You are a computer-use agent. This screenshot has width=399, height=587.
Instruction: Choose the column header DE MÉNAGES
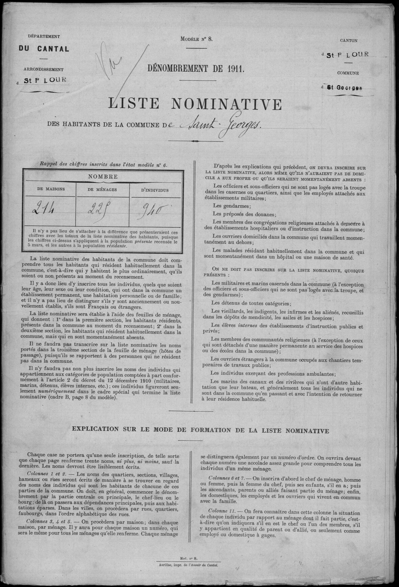tap(102, 190)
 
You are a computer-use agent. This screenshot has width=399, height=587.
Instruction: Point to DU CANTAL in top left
tap(44, 49)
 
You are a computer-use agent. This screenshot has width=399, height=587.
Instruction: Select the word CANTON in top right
tap(348, 41)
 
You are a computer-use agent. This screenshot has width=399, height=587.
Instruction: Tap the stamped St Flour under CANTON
tap(348, 55)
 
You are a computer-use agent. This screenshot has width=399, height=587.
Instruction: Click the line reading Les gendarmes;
tap(228, 205)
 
